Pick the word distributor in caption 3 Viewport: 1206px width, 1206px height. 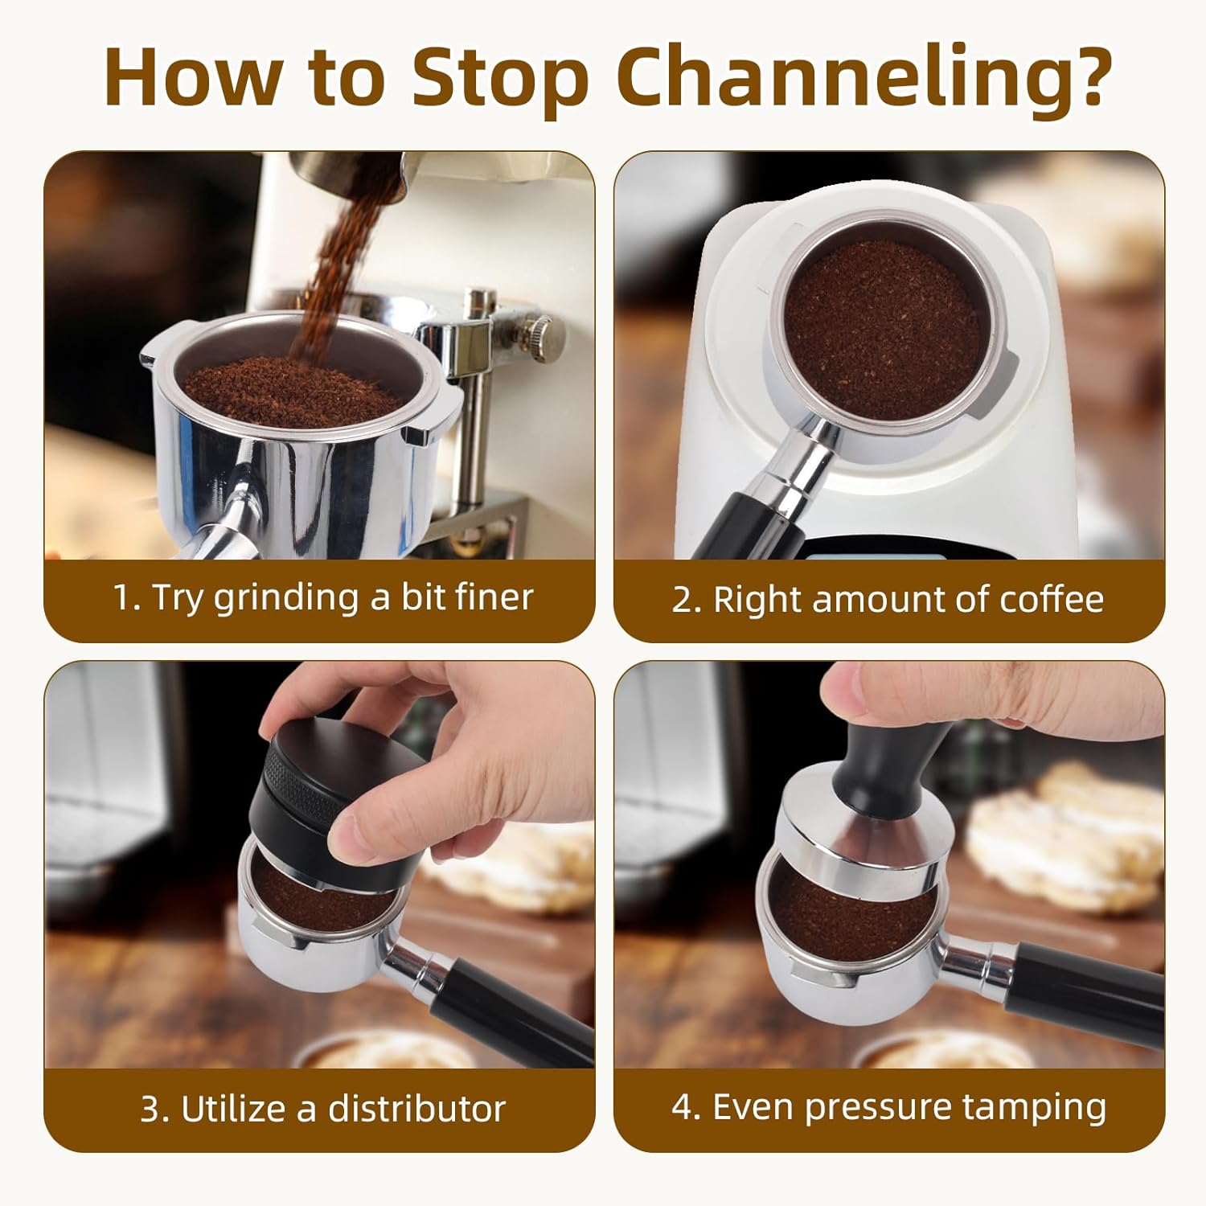pyautogui.click(x=416, y=1109)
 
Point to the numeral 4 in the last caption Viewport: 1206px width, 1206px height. pyautogui.click(x=682, y=1107)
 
